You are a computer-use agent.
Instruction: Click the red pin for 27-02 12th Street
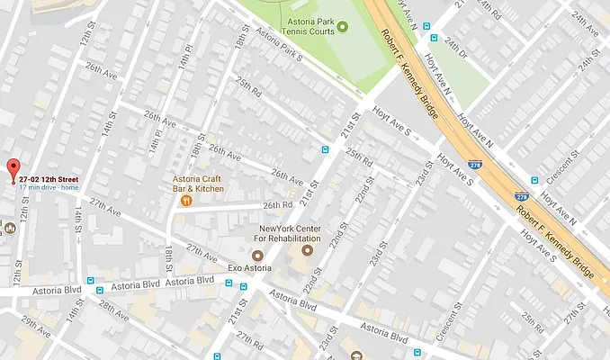coord(13,169)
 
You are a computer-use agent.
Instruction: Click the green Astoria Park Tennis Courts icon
coord(342,23)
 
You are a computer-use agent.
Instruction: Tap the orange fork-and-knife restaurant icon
coord(185,201)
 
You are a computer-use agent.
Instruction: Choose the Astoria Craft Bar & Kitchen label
coord(198,184)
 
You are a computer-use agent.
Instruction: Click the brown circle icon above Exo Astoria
coord(256,256)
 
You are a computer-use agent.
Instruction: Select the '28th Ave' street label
coord(113,310)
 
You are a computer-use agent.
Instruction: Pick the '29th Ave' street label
coord(36,324)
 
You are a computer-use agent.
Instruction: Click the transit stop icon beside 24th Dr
coord(434,39)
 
